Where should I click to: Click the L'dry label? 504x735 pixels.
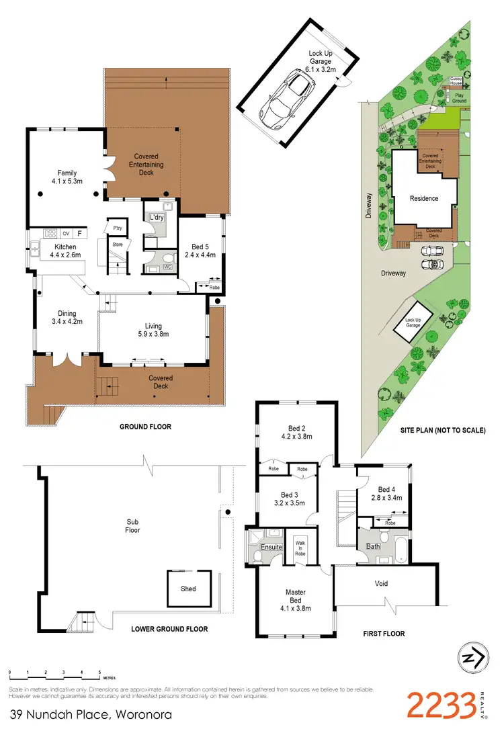[x=157, y=218]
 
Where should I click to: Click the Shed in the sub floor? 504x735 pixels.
[x=189, y=589]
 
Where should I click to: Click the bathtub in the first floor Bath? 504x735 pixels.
[x=401, y=548]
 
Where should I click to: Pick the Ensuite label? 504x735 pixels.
[x=271, y=547]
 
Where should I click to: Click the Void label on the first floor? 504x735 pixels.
[x=381, y=583]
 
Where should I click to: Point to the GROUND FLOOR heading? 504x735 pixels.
[x=145, y=427]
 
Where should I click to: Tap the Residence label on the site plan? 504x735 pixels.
[x=424, y=198]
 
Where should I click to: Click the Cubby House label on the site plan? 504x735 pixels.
[x=455, y=82]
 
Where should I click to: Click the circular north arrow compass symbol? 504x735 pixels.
[x=472, y=659]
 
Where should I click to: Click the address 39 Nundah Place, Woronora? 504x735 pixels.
[x=91, y=714]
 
